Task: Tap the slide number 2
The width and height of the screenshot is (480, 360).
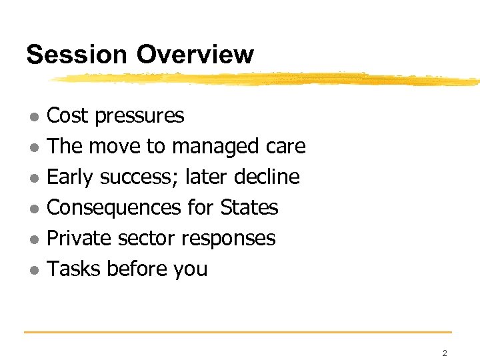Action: point(445,353)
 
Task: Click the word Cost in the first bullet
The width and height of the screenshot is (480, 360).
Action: point(67,116)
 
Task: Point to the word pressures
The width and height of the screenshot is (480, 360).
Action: point(139,116)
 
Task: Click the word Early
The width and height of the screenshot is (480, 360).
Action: point(71,177)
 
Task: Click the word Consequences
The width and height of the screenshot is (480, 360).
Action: point(114,208)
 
